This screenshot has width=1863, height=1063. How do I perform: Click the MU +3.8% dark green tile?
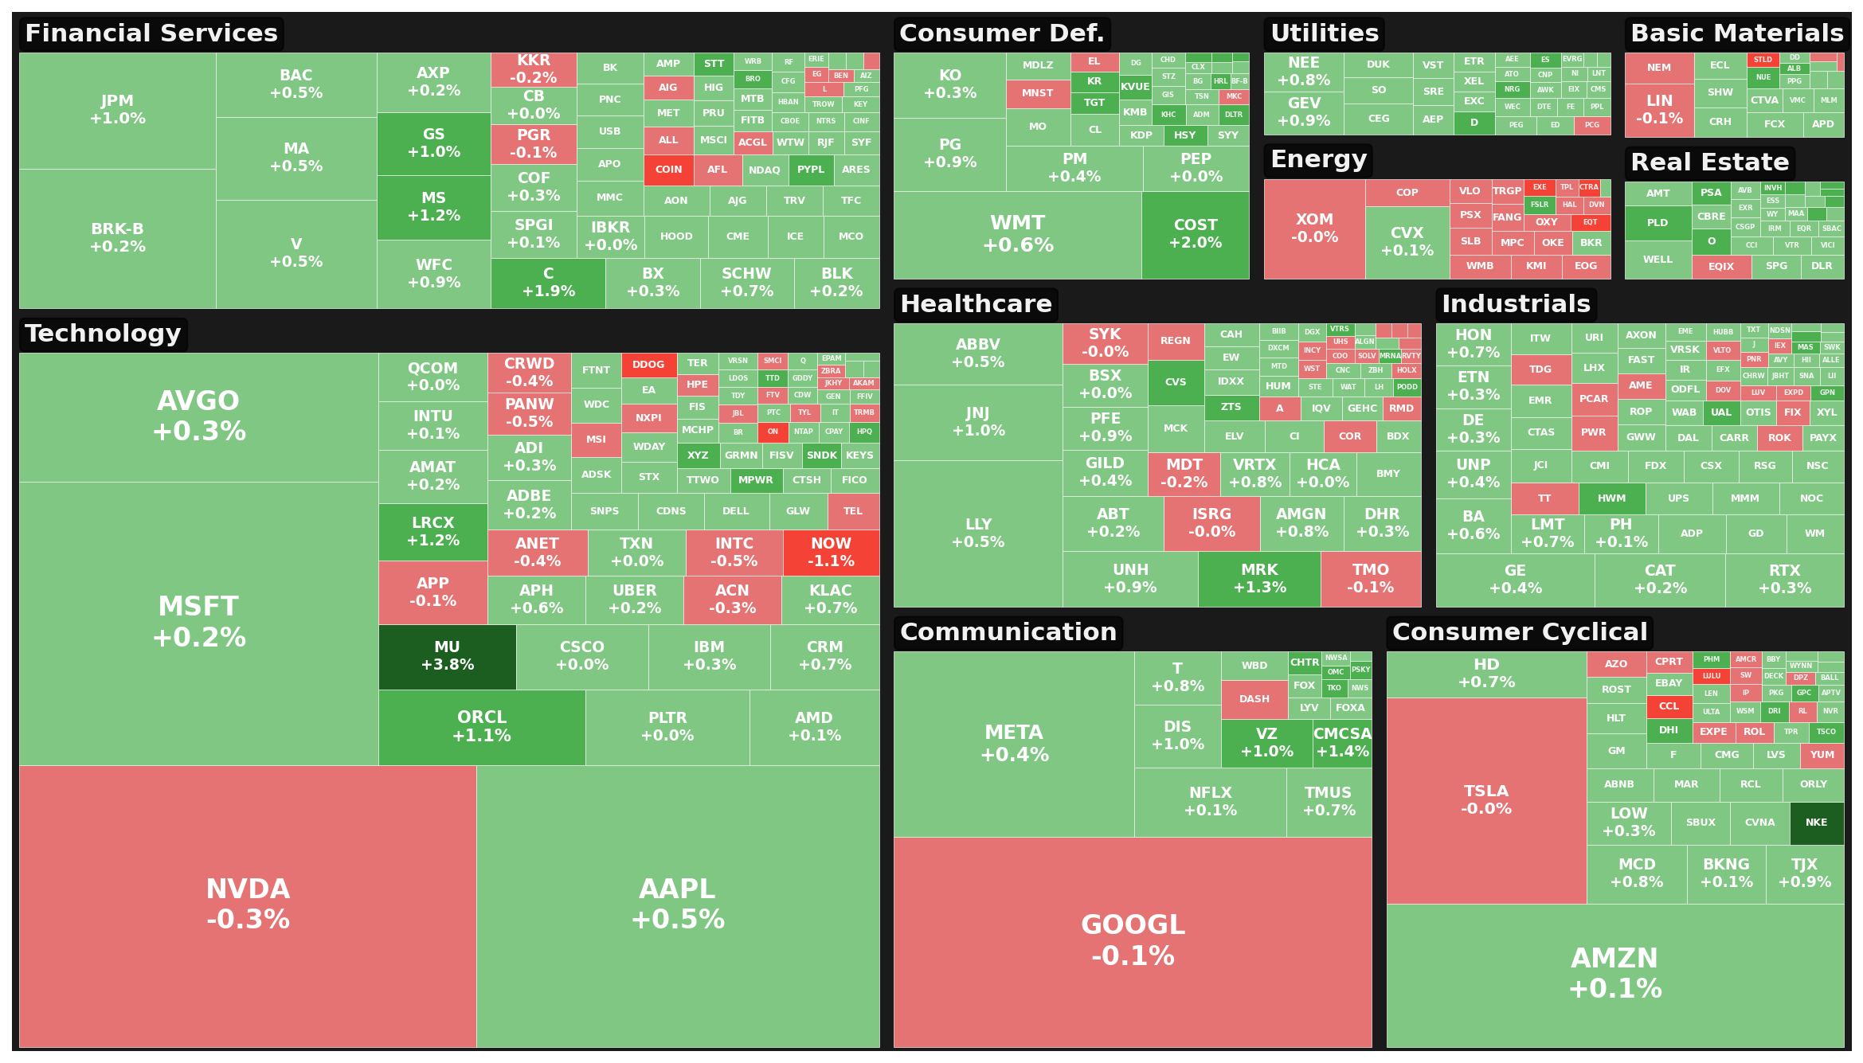coord(447,656)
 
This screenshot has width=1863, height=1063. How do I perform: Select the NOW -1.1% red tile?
coord(831,552)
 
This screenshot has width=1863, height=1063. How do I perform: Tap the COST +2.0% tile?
coord(1195,234)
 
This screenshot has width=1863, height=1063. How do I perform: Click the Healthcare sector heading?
coord(975,304)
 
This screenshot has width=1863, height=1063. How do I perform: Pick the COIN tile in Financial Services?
coord(668,170)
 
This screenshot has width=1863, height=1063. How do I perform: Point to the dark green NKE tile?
coord(1816,823)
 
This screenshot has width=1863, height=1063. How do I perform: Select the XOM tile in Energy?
coord(1313,228)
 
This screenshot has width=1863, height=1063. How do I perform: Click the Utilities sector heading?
coord(1324,33)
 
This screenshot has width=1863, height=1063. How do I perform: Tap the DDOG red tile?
coord(648,365)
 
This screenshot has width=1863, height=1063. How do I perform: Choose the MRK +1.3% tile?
coord(1258,579)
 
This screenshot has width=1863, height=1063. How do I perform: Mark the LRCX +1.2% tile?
coord(432,531)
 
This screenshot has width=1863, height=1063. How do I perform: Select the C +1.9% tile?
coord(548,282)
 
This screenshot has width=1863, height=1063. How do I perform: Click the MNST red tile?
coord(1037,93)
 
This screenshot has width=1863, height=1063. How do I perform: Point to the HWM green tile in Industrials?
coord(1611,498)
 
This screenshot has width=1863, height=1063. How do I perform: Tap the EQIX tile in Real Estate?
coord(1720,267)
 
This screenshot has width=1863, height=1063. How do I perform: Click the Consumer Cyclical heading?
coord(1519,632)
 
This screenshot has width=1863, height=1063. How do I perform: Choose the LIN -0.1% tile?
coord(1658,110)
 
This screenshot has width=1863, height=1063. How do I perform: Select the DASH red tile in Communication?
coord(1254,699)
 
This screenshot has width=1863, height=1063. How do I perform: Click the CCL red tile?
coord(1669,706)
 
